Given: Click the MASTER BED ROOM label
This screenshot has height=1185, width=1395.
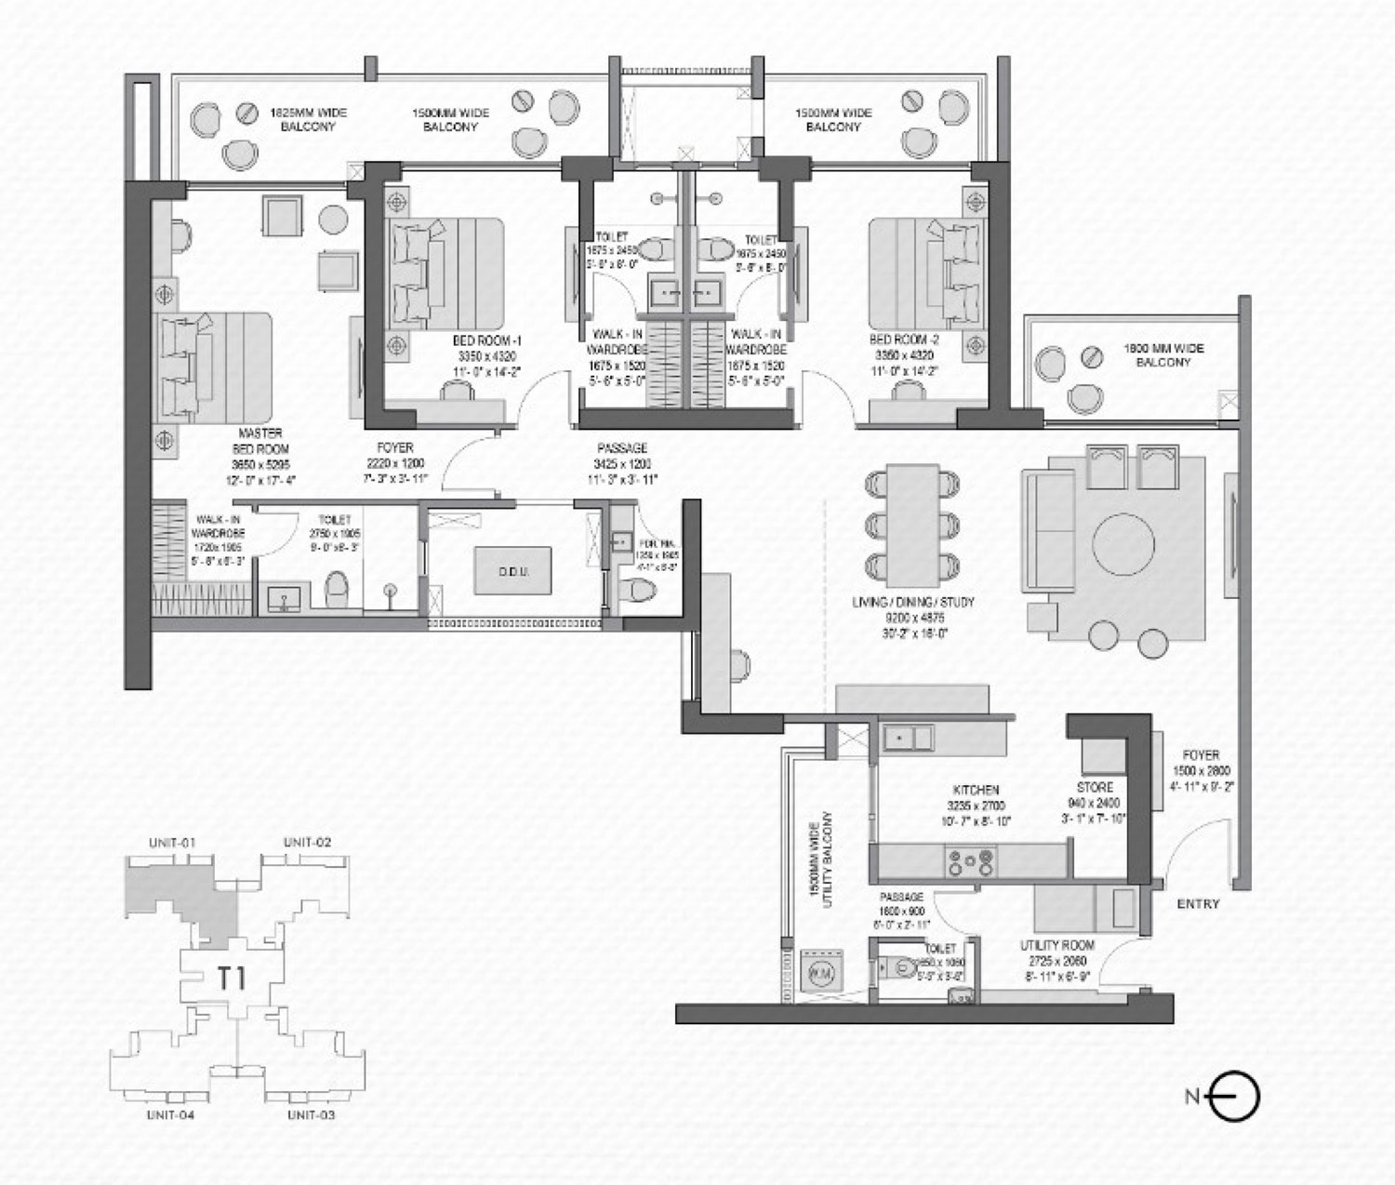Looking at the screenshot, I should [x=260, y=440].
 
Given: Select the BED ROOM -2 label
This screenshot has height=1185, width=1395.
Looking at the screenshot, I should [x=897, y=340].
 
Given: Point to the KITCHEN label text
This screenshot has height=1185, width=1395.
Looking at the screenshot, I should [x=976, y=789].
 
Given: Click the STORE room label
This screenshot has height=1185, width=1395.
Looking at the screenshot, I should [x=1095, y=787].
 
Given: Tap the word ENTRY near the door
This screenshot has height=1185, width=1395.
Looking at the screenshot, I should [x=1198, y=903].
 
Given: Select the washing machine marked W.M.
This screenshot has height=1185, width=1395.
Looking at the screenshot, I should [x=821, y=969].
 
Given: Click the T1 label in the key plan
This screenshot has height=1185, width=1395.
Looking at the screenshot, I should [x=232, y=979].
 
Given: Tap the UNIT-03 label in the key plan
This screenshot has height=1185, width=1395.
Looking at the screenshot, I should [x=311, y=1114].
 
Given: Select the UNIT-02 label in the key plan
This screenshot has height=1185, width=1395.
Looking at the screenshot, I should [x=307, y=842].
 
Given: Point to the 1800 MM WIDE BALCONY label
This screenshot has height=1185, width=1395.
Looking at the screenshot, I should [x=1162, y=355].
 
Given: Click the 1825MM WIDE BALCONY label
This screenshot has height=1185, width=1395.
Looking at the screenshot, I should [x=308, y=119].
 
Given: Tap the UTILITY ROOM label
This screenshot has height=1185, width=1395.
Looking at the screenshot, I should [x=1056, y=945].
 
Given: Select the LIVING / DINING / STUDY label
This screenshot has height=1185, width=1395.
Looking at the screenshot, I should [x=913, y=603].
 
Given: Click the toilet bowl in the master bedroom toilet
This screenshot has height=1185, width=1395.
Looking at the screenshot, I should [x=337, y=588].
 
